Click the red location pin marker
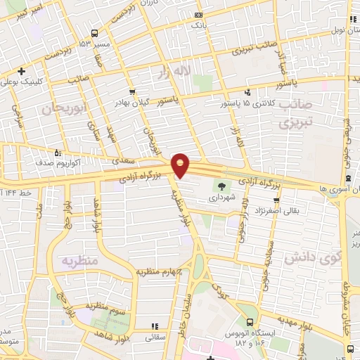click(x=181, y=164)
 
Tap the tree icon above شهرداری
click(x=222, y=186)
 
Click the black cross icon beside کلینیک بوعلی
click(x=22, y=71)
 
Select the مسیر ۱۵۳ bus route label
click(x=94, y=44)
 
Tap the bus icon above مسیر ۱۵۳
click(x=95, y=32)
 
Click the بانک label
click(x=198, y=25)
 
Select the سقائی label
click(x=154, y=337)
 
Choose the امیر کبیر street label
click(x=32, y=13)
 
